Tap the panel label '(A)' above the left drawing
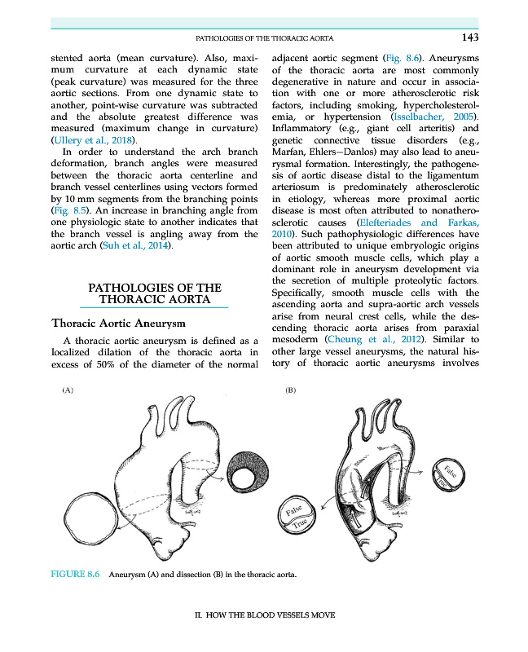[x=68, y=391]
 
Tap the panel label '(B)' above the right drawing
[x=291, y=391]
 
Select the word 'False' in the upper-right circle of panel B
[x=454, y=472]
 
